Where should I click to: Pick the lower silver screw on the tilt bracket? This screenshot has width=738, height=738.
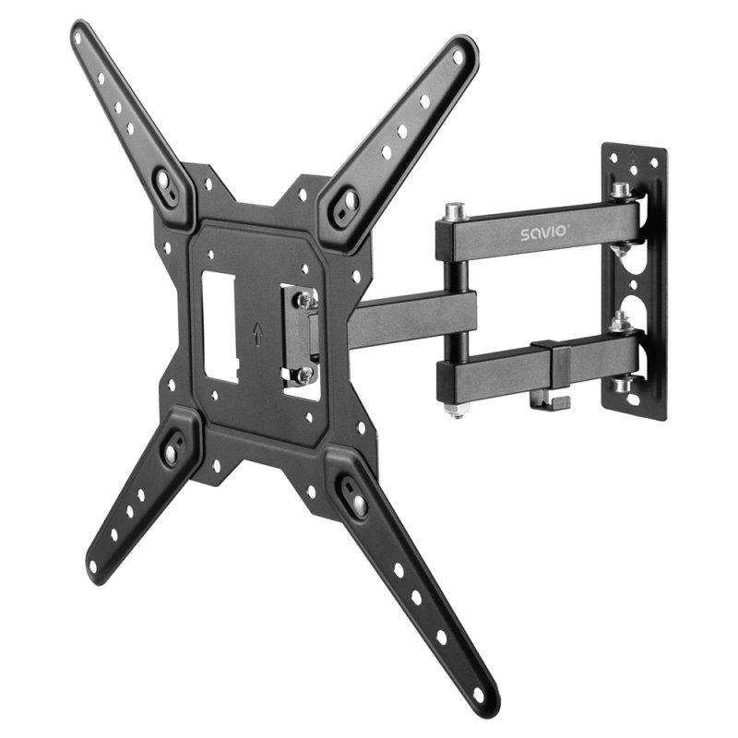[303, 375]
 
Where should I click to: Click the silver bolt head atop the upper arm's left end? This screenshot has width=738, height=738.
[451, 213]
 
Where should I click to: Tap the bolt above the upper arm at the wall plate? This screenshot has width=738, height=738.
[622, 191]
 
